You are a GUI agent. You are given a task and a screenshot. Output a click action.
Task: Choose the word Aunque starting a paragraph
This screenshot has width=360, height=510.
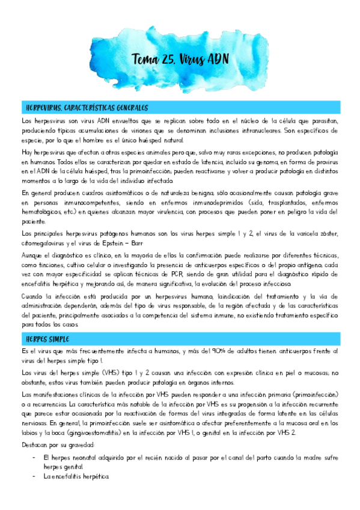tap(34, 256)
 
